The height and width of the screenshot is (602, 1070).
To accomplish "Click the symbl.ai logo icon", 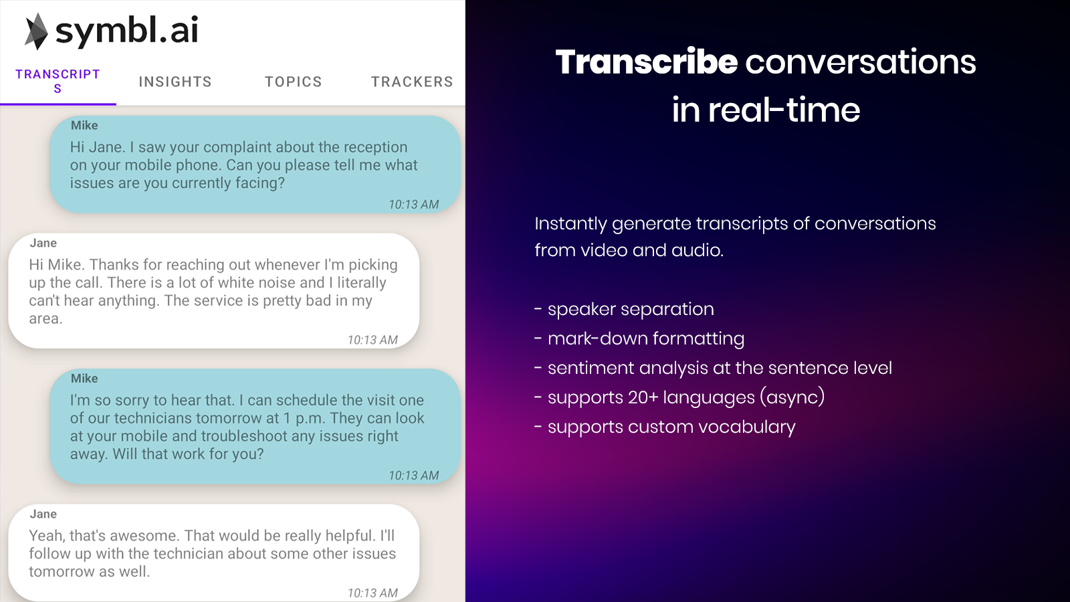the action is click(36, 31).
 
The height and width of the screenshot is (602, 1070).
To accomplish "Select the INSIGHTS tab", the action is click(175, 82).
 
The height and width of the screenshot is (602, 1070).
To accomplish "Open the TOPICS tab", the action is click(294, 82).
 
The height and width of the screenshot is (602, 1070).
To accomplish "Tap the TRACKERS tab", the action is click(412, 82).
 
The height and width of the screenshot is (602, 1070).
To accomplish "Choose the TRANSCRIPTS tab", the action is click(58, 81).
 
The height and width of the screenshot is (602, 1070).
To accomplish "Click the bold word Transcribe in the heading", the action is click(646, 62).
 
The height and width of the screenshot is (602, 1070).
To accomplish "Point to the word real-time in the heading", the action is click(784, 110).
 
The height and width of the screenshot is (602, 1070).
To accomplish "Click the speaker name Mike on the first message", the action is click(84, 126).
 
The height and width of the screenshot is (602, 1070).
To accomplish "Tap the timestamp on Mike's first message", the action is click(414, 205).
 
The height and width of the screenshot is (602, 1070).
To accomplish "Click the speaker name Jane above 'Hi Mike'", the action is click(43, 243).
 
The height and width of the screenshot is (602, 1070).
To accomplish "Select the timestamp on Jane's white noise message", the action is click(372, 340).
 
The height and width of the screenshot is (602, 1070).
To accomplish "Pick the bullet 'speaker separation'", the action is click(624, 309).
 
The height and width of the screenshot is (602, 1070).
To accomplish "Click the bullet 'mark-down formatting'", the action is click(639, 338).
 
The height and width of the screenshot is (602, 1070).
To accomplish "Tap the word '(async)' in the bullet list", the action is click(792, 397).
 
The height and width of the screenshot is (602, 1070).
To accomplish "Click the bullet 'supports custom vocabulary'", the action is click(665, 427).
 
